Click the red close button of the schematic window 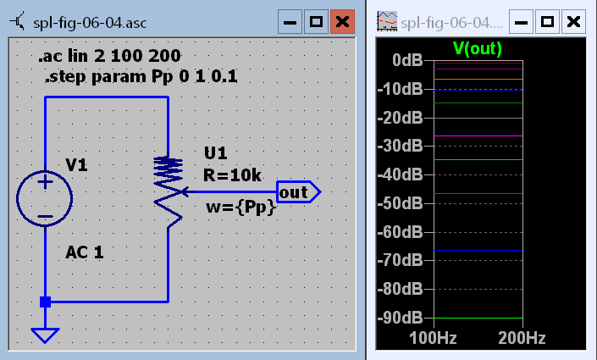(x=342, y=22)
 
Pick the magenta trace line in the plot (x=478, y=136)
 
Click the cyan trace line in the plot (x=478, y=159)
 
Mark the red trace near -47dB (x=478, y=194)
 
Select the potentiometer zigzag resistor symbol (x=169, y=191)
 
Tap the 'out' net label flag (x=296, y=192)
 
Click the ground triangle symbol (x=45, y=335)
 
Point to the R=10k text (x=233, y=175)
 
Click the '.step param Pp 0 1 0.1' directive (x=141, y=78)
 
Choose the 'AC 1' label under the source (x=85, y=252)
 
